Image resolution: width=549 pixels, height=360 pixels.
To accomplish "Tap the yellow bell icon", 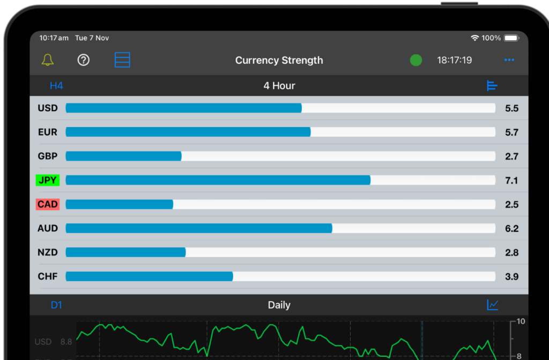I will [x=48, y=60].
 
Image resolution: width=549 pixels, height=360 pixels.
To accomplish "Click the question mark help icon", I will [x=83, y=60].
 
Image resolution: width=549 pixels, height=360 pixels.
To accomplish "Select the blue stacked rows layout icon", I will [x=123, y=60].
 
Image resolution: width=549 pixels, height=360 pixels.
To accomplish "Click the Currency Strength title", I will [x=279, y=60].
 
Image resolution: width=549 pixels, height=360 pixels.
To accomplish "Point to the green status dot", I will [x=416, y=60].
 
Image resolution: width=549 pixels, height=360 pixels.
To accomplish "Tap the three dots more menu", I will [x=509, y=60].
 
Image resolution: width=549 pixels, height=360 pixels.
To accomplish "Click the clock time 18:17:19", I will [x=454, y=60].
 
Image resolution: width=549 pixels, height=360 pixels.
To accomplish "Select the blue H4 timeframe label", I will [x=56, y=86].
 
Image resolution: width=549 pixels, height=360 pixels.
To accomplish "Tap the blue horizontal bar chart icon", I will [x=492, y=86].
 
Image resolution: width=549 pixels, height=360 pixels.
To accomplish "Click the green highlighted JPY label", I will [x=48, y=180].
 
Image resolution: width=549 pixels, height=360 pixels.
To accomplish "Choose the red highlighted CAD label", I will [x=48, y=204].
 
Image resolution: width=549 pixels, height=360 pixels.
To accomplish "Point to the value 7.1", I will [x=511, y=180].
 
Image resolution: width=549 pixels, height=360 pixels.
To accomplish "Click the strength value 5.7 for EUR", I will [x=511, y=132].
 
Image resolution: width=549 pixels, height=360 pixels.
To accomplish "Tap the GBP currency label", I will [x=48, y=156].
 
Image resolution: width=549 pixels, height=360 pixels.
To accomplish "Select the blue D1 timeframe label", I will [x=56, y=305].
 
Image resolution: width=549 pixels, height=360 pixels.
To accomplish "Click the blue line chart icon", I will [x=493, y=305].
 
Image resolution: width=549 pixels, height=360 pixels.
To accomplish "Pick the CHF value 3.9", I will [x=511, y=277].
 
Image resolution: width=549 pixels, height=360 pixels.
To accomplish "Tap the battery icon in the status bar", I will [x=511, y=38].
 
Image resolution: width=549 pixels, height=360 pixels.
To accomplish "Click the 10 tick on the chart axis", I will [x=521, y=321].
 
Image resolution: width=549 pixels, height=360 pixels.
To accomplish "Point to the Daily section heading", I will [x=279, y=305].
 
